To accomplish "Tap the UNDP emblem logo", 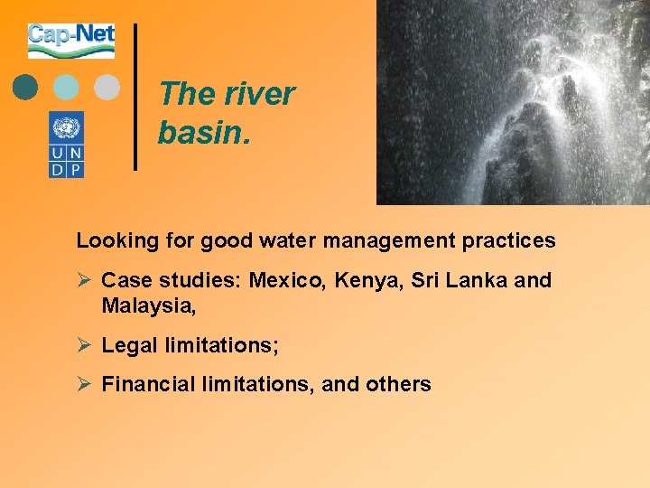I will coord(66,144).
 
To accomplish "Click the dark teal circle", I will coord(26,87).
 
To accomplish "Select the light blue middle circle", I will coord(66,87).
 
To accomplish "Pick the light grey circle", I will coord(107,87).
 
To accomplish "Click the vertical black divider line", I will coord(135,97).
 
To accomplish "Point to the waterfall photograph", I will coord(512,101).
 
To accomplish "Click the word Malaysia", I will coord(146,306).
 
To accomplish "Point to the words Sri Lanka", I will coord(460,281).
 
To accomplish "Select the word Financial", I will coord(144,385).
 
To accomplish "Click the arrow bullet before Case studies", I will coord(84,281).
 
